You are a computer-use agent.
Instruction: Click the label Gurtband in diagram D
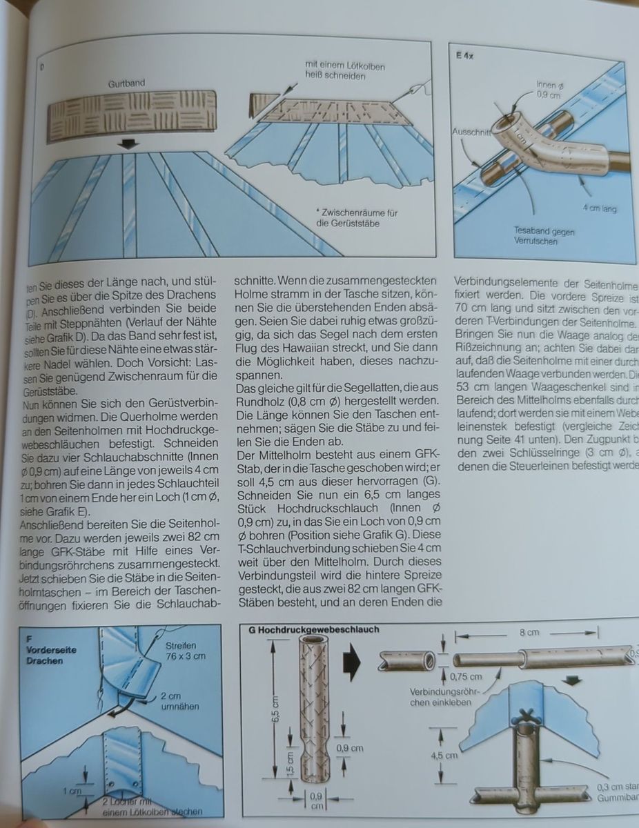126,83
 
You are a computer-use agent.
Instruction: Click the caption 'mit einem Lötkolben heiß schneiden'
345,71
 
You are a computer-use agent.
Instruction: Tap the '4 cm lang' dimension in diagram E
598,207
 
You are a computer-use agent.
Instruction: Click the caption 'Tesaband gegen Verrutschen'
537,235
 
